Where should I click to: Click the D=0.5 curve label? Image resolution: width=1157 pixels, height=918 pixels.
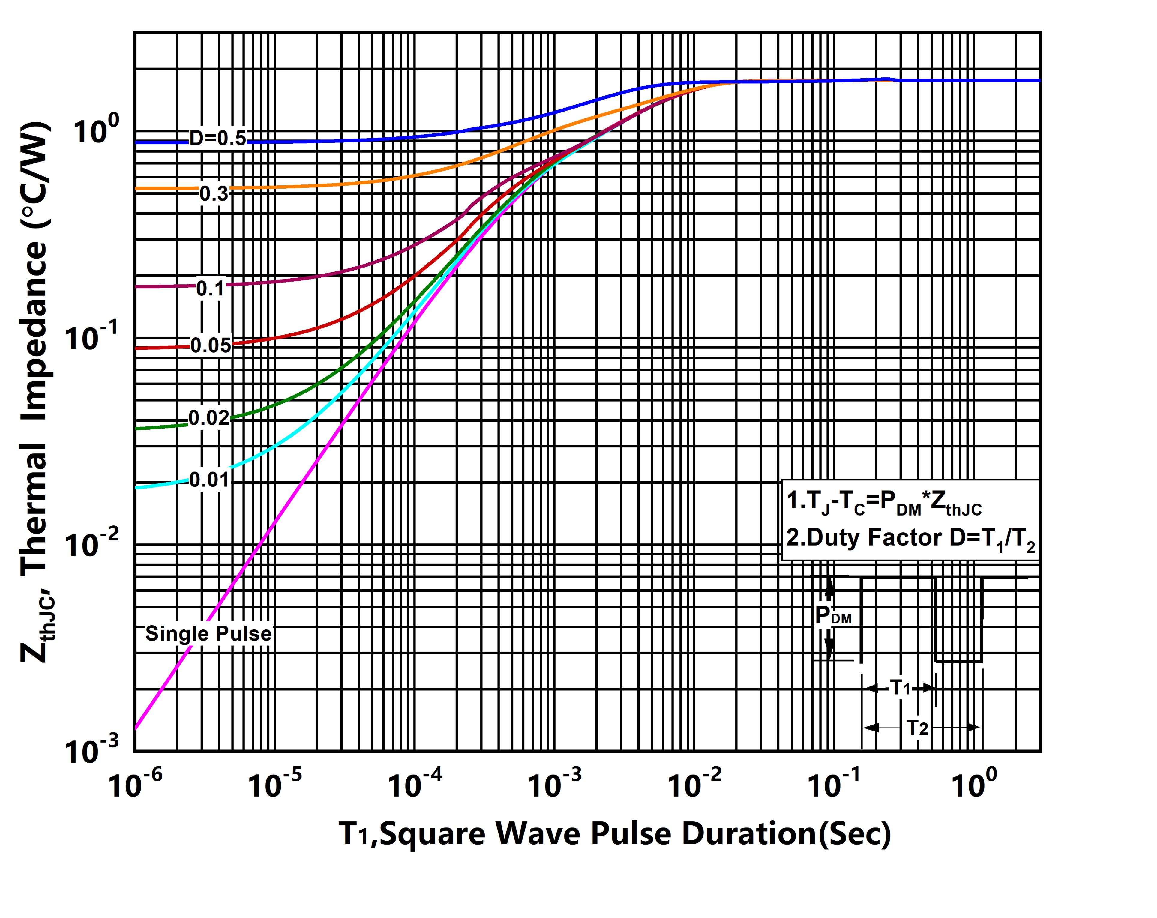[217, 139]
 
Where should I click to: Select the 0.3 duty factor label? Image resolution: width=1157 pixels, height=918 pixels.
[214, 194]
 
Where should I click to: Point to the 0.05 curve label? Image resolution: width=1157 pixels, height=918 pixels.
[211, 345]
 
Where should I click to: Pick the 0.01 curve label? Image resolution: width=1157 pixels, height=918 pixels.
[209, 480]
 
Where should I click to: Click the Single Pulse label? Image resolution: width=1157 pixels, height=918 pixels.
[208, 634]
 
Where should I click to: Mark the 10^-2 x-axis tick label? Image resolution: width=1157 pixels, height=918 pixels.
[694, 785]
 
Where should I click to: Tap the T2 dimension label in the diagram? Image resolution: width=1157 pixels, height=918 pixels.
[917, 728]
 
